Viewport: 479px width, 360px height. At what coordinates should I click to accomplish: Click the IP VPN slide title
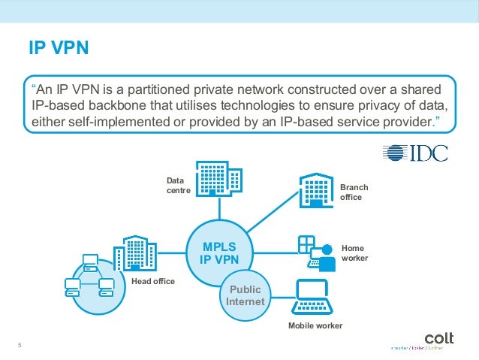coord(59,49)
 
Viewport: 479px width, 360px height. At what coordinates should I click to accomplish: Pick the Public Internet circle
coord(246,295)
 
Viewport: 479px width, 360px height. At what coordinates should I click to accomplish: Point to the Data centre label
coord(175,186)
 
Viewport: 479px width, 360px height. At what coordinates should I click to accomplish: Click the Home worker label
coord(354,252)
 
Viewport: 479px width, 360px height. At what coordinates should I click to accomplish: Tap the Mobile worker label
coord(315,325)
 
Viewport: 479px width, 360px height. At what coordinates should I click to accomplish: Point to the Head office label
coord(152,281)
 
